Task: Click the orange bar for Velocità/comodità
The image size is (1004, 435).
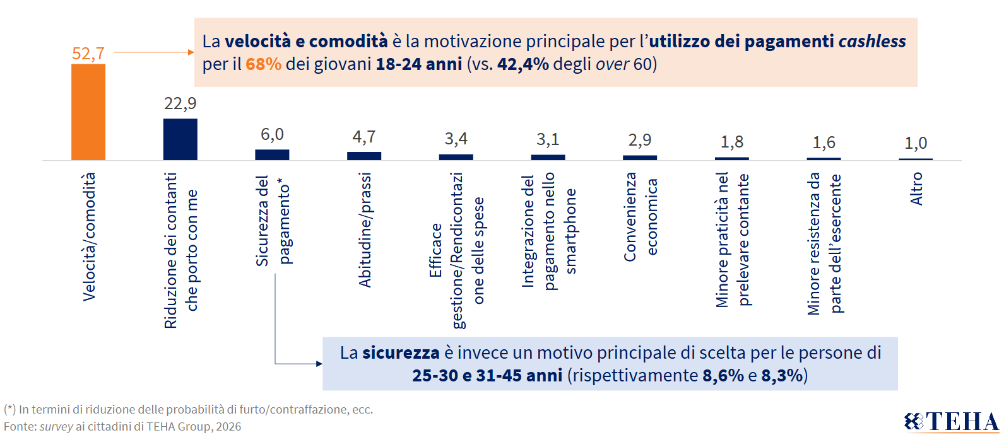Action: (x=88, y=112)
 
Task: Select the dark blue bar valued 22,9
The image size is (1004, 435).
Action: (x=180, y=139)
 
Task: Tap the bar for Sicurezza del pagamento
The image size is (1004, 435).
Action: (x=272, y=154)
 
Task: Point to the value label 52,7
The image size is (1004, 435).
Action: (x=88, y=54)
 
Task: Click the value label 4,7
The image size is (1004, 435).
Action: (x=364, y=137)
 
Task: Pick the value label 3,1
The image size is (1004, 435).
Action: (x=548, y=139)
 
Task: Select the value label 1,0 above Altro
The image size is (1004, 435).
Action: (x=916, y=143)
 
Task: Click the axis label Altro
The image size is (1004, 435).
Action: (x=916, y=189)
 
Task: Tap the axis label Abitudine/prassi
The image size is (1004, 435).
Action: (x=365, y=230)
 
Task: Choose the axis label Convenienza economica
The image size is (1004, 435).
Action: (x=641, y=217)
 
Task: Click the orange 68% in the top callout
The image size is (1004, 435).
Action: (x=263, y=64)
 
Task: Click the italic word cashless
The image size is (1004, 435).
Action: (x=871, y=42)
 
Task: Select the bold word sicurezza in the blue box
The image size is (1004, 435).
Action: (x=401, y=352)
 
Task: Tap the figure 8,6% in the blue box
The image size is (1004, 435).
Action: (x=723, y=376)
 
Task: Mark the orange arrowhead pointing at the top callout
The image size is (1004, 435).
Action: (x=191, y=52)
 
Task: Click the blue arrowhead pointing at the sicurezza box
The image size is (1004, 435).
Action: (x=319, y=364)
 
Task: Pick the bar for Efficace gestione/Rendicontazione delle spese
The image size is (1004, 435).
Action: (x=456, y=157)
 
